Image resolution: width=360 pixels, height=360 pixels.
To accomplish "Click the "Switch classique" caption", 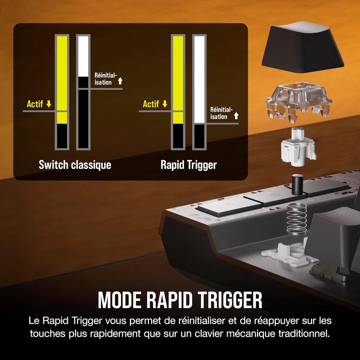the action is tap(75, 165).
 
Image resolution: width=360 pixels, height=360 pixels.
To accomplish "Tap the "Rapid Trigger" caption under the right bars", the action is tap(189, 165).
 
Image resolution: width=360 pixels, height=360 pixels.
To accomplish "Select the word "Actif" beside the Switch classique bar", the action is tap(35, 104).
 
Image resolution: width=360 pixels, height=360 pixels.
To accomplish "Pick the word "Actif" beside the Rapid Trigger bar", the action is tap(151, 104).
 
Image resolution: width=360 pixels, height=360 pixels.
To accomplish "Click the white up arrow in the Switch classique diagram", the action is tap(120, 81).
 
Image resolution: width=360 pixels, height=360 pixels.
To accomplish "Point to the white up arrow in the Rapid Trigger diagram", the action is tap(236, 115).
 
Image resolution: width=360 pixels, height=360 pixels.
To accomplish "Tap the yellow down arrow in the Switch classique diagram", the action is tap(49, 104).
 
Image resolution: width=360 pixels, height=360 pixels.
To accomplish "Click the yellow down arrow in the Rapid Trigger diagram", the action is tap(165, 104).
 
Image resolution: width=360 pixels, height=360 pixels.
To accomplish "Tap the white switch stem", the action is tap(298, 147).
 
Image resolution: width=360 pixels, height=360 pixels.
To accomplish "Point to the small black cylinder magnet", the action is tap(297, 184).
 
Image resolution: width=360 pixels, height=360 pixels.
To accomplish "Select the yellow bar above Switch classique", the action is tap(62, 80).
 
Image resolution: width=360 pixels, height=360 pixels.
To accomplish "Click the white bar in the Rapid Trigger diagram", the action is tap(199, 79).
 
